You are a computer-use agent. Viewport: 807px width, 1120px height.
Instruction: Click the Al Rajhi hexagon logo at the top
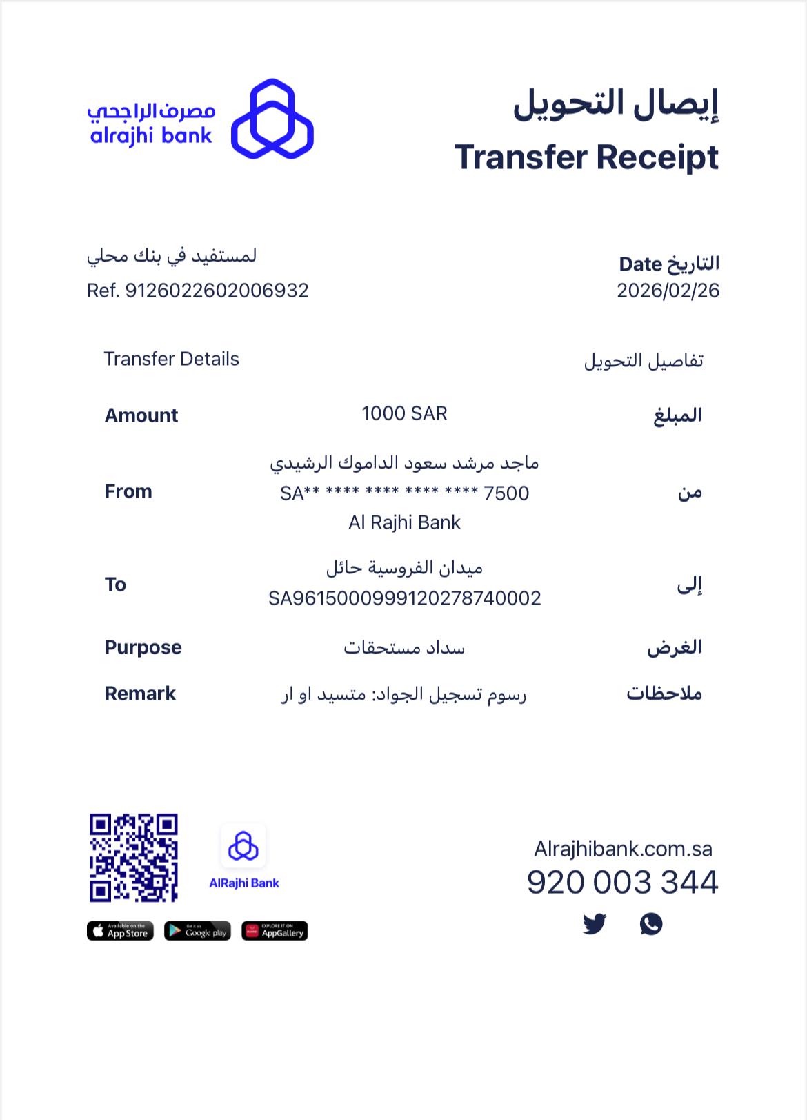pos(272,119)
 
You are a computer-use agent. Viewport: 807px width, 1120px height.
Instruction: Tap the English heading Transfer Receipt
pos(586,157)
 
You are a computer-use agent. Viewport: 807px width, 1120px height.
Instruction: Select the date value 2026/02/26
pos(668,291)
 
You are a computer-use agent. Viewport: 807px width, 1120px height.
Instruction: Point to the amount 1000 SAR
pos(404,413)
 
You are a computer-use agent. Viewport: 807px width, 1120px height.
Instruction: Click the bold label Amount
pos(141,415)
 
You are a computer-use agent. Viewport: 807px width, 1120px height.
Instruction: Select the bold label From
pos(128,491)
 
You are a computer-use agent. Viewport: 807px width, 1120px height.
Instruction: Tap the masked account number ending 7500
pos(404,493)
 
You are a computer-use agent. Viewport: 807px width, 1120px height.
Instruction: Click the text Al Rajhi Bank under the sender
pos(404,522)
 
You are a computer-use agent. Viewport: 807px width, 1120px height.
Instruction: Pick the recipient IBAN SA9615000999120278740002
pos(404,598)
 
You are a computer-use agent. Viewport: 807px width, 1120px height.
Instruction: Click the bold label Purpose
pos(143,647)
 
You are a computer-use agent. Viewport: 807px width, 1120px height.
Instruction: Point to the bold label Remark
pos(140,694)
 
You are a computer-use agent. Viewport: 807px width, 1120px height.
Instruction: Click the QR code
pos(134,858)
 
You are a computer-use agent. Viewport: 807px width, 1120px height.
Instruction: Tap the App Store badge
pos(120,931)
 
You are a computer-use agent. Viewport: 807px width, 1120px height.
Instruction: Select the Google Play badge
pos(197,931)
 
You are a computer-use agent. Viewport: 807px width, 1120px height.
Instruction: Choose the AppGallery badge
pos(275,931)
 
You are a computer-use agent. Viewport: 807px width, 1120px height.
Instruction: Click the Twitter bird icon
pos(595,923)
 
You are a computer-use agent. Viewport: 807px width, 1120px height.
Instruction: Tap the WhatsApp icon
pos(651,923)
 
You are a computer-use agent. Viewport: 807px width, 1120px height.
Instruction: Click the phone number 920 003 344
pos(622,883)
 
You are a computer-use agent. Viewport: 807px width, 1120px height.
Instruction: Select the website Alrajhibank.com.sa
pos(623,849)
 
